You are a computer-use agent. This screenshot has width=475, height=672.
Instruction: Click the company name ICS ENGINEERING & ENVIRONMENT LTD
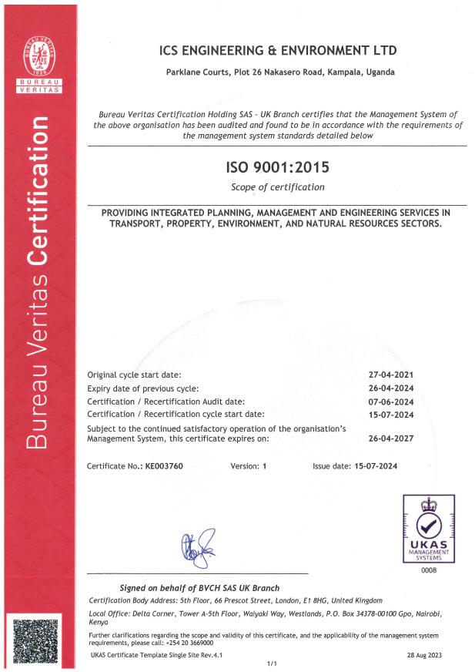277,51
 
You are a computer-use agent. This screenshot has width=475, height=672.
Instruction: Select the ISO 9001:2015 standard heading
277,167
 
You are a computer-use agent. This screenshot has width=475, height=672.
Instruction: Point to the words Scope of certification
277,187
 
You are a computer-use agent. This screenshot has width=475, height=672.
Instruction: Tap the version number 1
263,467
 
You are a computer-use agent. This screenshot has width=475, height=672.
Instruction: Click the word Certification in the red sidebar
38,188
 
